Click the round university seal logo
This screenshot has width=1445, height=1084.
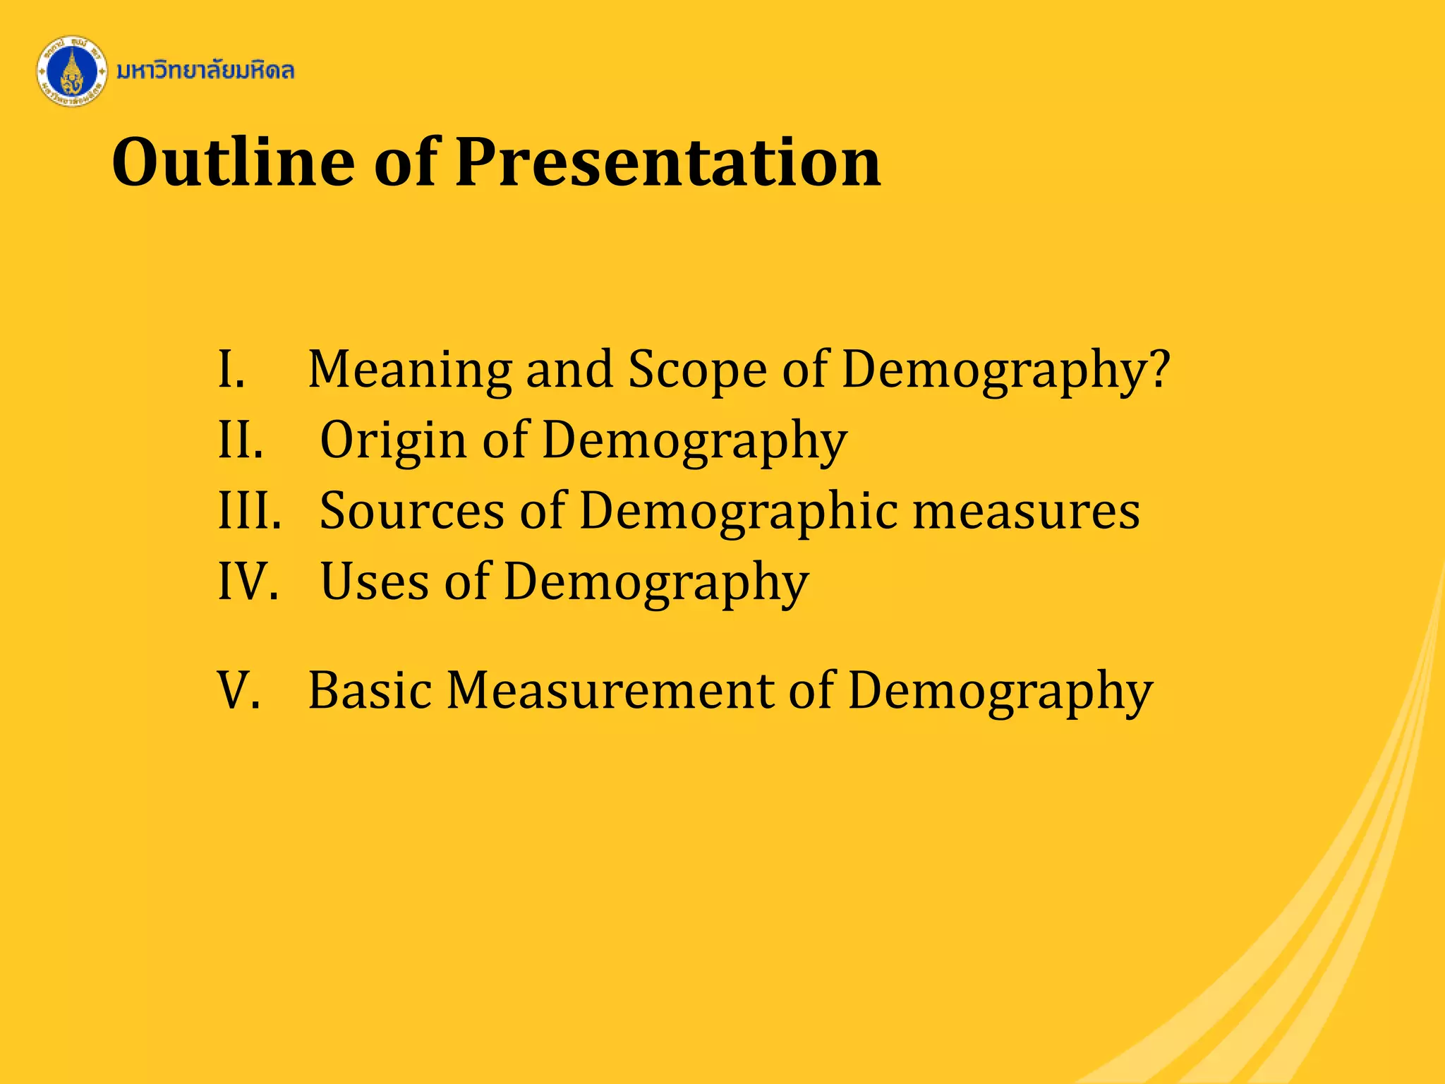71,72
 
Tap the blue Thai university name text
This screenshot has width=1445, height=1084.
205,71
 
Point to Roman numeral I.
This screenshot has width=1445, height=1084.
231,370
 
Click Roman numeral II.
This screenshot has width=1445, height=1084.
241,440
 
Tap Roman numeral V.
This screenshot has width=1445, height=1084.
238,690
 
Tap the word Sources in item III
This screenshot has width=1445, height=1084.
412,511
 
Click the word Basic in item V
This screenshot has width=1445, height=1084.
370,690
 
